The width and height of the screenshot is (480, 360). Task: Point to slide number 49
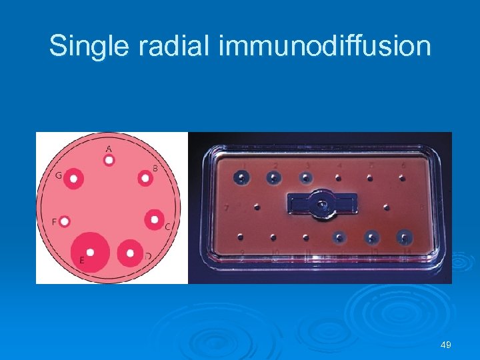(x=446, y=345)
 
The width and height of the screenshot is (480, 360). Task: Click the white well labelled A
(x=109, y=160)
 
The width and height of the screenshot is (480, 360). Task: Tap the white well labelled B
(x=145, y=178)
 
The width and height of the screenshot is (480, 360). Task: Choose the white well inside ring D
(x=129, y=252)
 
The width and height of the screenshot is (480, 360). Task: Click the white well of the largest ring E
(x=90, y=252)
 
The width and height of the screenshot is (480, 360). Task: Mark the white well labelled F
(x=65, y=221)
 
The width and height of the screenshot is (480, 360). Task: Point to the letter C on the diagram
(x=167, y=227)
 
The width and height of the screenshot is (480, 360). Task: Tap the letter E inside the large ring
(x=81, y=260)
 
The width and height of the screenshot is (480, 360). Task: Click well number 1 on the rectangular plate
(x=241, y=177)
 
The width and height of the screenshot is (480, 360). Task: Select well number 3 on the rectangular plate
(x=305, y=177)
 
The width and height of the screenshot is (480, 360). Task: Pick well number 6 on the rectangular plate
(x=402, y=177)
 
